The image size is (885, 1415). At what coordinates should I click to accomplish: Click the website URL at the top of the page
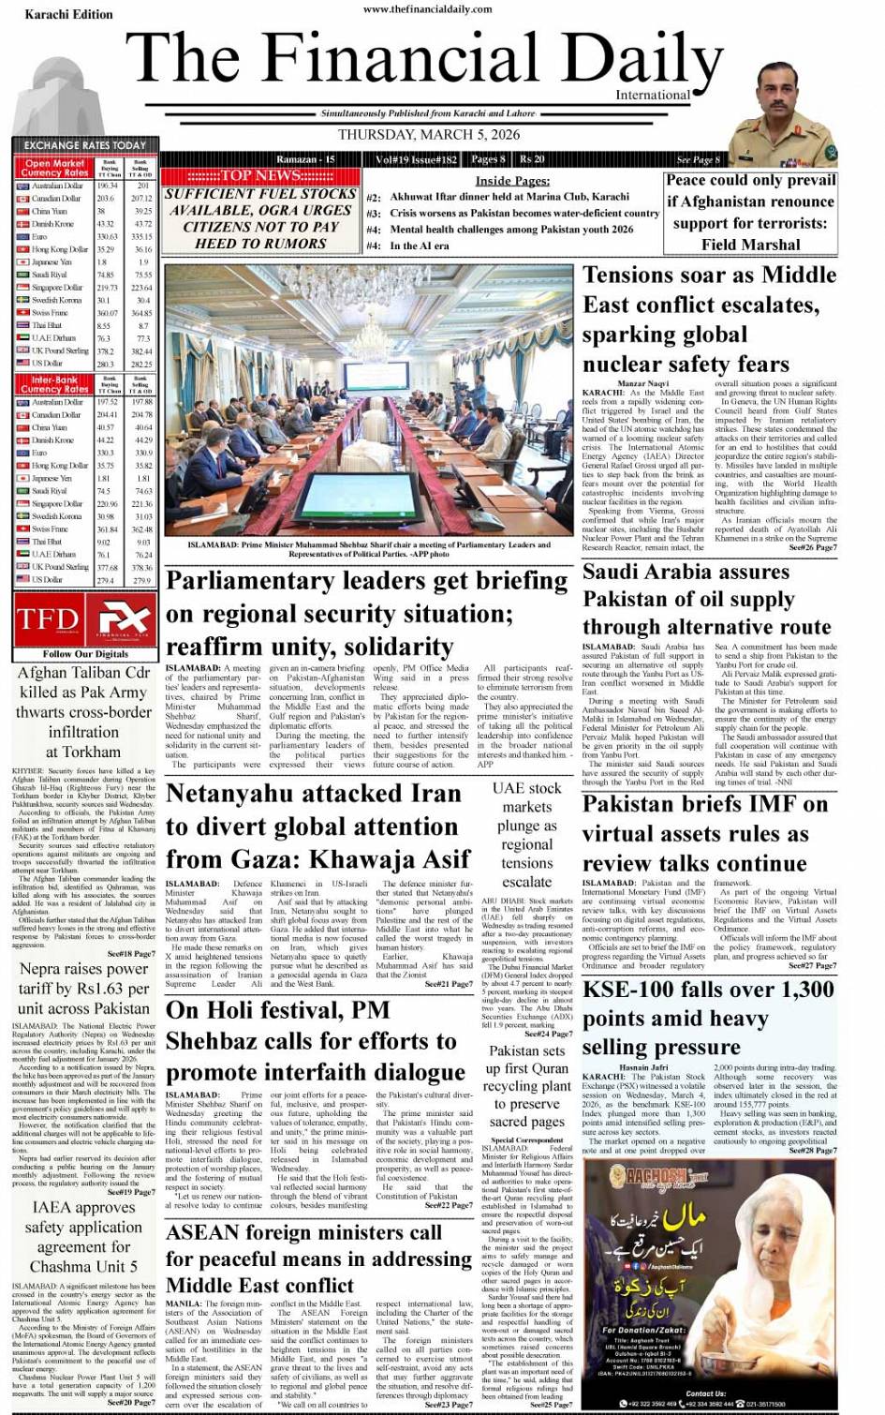pyautogui.click(x=428, y=9)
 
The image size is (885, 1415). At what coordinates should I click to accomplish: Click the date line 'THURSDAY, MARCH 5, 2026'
pyautogui.click(x=428, y=135)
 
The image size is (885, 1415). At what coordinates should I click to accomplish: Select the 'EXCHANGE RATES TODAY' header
pyautogui.click(x=84, y=145)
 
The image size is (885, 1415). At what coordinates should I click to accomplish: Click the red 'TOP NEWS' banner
pyautogui.click(x=259, y=175)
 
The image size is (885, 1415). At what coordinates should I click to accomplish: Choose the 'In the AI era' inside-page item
pyautogui.click(x=419, y=246)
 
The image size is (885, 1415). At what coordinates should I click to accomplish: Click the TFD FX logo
pyautogui.click(x=84, y=618)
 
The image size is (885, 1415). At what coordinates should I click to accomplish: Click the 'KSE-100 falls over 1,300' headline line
pyautogui.click(x=708, y=990)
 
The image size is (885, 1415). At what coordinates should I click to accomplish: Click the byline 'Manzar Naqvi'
pyautogui.click(x=643, y=383)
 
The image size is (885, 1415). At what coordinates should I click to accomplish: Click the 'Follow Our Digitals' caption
pyautogui.click(x=85, y=653)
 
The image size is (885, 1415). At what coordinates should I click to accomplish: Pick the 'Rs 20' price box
pyautogui.click(x=532, y=159)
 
